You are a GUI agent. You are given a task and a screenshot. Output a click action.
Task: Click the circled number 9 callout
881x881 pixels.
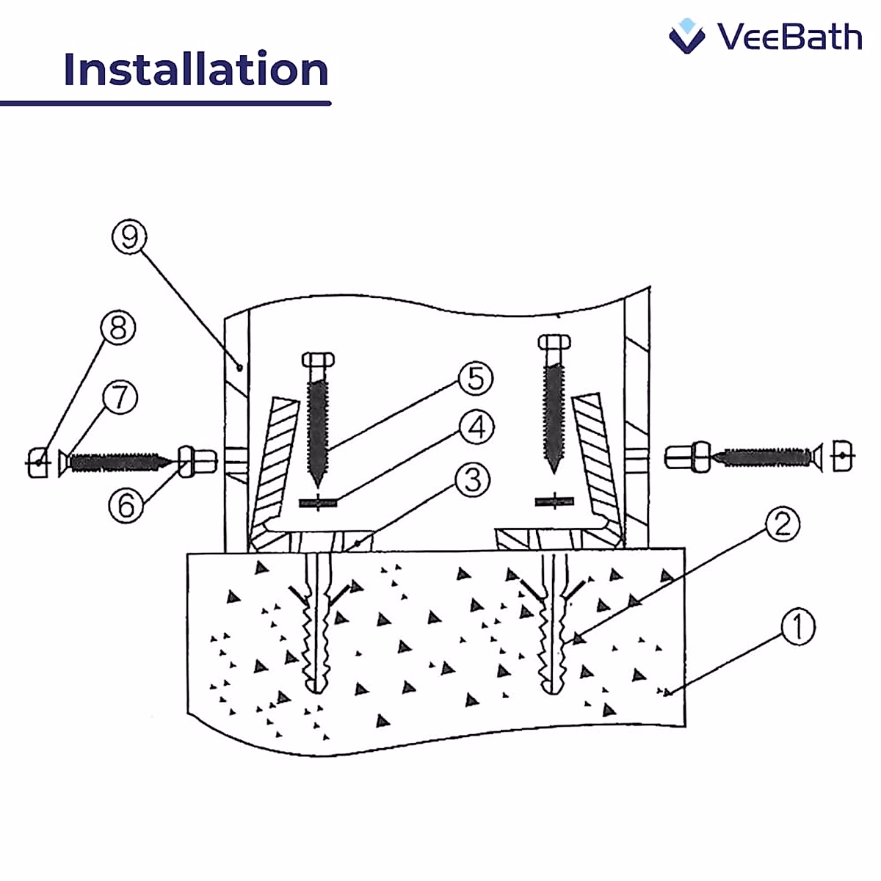point(130,237)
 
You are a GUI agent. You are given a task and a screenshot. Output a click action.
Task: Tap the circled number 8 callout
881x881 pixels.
point(118,328)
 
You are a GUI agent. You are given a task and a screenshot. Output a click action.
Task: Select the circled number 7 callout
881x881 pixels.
point(120,397)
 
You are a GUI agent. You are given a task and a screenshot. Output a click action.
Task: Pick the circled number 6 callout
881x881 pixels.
point(126,505)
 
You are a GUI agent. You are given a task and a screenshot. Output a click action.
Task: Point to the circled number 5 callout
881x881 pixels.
point(476,379)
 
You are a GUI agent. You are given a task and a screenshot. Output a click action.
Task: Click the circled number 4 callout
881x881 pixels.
point(477,427)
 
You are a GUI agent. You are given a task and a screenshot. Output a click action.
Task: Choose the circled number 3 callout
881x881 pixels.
point(472,480)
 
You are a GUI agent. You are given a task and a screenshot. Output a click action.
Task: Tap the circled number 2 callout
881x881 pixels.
point(782,524)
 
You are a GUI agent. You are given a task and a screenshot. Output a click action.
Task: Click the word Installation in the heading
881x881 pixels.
point(196,70)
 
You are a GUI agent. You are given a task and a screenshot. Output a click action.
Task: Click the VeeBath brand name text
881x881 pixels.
point(789,37)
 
